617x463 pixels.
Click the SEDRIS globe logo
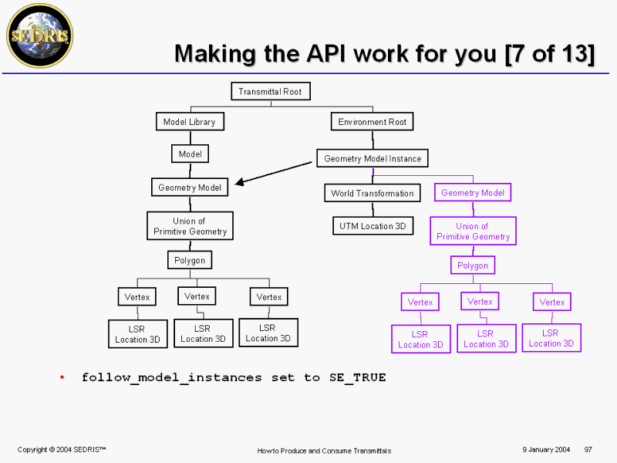40,35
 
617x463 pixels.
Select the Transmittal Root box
271,91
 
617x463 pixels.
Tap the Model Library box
190,122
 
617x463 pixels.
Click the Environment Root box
373,122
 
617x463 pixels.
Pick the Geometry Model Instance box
373,158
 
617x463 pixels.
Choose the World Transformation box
373,193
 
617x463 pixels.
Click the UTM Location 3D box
373,226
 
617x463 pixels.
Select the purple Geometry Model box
473,192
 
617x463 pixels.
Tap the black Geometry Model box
190,188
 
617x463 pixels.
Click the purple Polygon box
473,265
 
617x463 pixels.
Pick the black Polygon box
190,260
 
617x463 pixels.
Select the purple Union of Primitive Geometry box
473,231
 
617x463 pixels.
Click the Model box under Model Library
190,154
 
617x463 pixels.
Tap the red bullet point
62,377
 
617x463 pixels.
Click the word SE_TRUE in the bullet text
358,377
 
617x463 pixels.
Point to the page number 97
588,450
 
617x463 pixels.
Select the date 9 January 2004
546,450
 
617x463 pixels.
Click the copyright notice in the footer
62,450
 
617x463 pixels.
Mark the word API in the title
326,53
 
